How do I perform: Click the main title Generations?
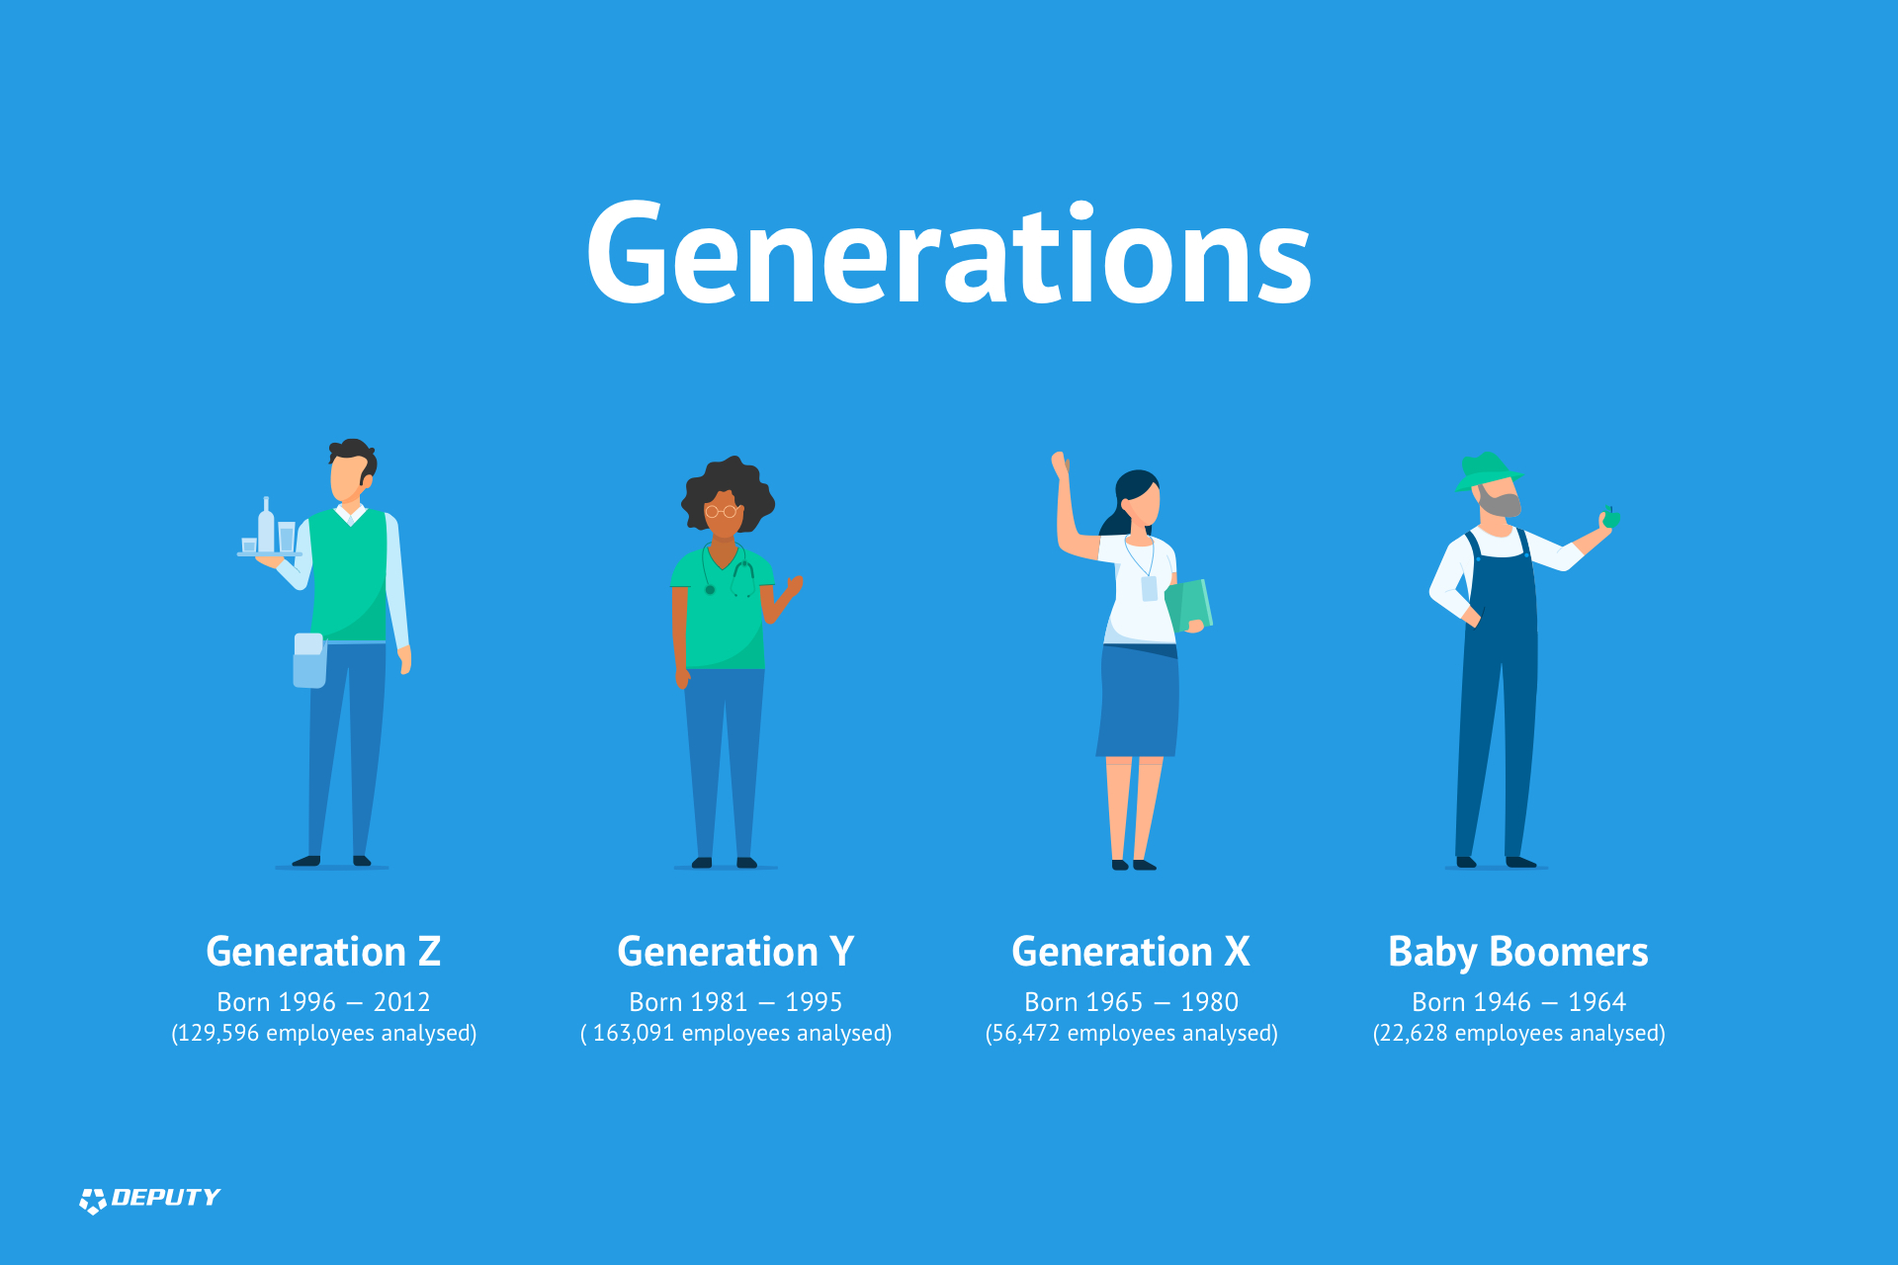(949, 253)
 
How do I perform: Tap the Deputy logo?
(149, 1199)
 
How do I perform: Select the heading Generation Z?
(323, 952)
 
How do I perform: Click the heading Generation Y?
(735, 952)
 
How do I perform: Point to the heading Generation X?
(1131, 952)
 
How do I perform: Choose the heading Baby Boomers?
(1518, 953)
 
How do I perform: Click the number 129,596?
(218, 1034)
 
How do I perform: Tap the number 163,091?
(634, 1034)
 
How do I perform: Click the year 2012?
(401, 1002)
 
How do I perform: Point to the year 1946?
(1501, 1002)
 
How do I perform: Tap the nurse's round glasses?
(721, 511)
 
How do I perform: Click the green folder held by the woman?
(1189, 605)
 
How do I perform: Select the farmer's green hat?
(1486, 470)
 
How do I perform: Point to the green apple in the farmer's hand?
(1611, 518)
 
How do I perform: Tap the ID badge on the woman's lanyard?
(1149, 589)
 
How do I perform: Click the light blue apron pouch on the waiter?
(309, 661)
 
